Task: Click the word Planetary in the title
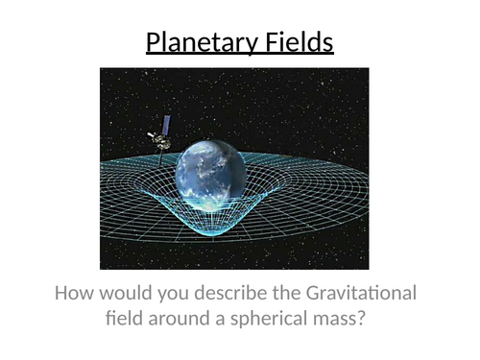point(197,43)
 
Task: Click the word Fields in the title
point(293,43)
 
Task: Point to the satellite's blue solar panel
point(166,124)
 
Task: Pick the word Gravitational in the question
point(363,294)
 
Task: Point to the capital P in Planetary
point(153,43)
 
